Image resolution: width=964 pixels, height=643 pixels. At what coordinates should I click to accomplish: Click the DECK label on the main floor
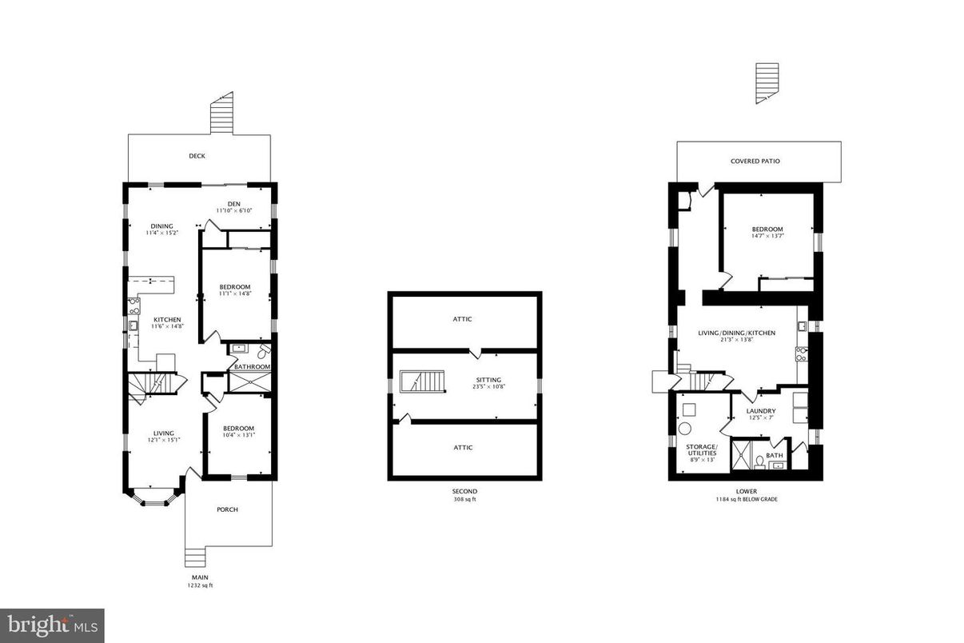click(x=197, y=156)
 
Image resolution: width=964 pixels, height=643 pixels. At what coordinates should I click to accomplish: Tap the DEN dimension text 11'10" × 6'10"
click(x=234, y=211)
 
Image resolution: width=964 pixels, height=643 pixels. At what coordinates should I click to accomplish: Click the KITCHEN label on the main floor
click(x=167, y=319)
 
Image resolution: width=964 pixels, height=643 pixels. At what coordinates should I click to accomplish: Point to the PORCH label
click(x=227, y=509)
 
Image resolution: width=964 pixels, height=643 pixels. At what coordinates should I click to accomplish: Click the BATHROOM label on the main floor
click(x=252, y=367)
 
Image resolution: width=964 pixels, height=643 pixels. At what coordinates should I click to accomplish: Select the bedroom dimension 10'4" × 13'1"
click(x=238, y=436)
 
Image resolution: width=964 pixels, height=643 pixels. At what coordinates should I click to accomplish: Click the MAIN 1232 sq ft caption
click(x=201, y=581)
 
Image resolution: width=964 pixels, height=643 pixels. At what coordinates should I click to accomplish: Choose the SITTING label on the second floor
click(x=488, y=380)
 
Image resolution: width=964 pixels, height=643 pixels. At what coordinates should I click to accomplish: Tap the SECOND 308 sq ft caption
click(x=464, y=495)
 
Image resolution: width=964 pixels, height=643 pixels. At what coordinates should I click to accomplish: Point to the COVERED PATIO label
click(x=755, y=161)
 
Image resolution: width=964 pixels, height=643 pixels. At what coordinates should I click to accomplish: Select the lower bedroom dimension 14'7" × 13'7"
click(x=767, y=236)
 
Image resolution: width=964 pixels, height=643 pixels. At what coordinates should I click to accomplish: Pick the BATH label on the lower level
click(x=775, y=455)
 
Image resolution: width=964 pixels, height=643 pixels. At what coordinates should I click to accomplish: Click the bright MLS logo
click(x=52, y=625)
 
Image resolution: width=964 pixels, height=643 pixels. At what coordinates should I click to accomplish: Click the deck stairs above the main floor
click(x=221, y=114)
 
